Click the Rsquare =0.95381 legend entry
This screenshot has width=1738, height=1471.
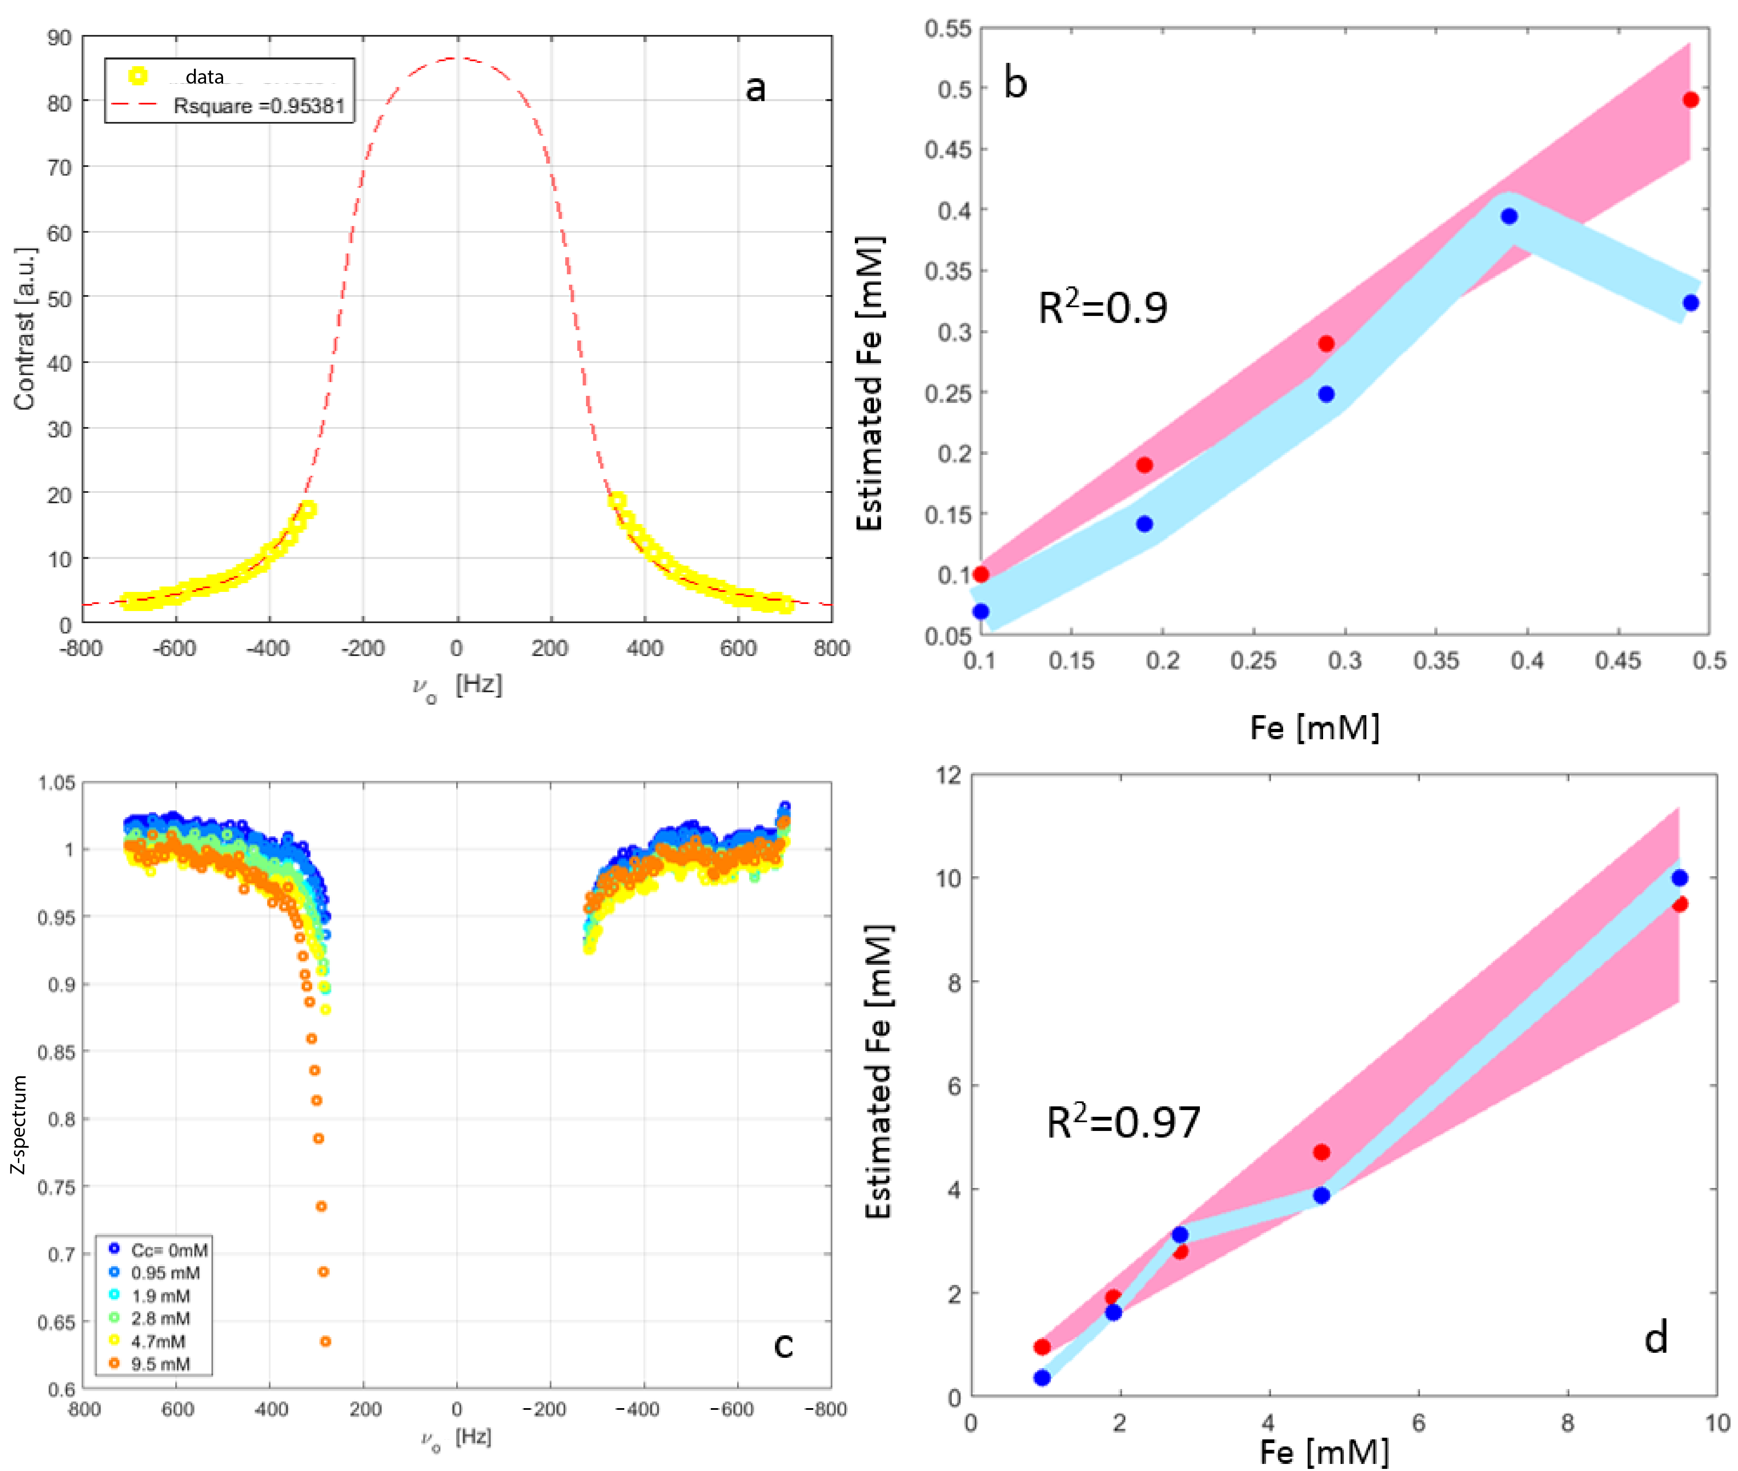[258, 106]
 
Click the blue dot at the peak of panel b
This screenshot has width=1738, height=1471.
[1509, 217]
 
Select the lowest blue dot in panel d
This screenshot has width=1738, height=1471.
[1042, 1378]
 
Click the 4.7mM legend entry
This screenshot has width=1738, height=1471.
[159, 1341]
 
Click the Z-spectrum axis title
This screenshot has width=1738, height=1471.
[18, 1124]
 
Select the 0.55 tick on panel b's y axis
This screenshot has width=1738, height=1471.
[948, 29]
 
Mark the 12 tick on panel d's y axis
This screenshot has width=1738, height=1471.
[948, 775]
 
